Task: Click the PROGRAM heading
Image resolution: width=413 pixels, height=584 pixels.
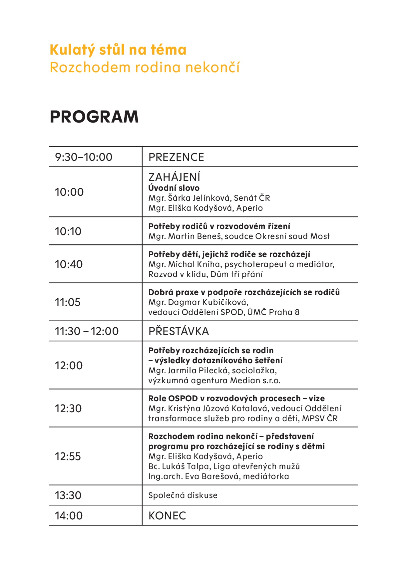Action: [x=94, y=117]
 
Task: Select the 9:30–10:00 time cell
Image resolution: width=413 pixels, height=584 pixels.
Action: [x=84, y=157]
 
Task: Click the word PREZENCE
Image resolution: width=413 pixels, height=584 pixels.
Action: [x=176, y=157]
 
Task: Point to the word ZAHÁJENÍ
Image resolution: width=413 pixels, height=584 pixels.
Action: [x=174, y=177]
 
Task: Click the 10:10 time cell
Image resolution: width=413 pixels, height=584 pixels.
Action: [x=68, y=231]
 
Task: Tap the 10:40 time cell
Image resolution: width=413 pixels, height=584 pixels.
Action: [x=69, y=264]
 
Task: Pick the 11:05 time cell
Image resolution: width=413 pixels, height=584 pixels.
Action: [x=68, y=302]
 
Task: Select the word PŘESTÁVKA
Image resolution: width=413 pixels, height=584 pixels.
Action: [x=179, y=331]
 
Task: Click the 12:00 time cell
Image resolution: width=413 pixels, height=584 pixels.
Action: [x=69, y=366]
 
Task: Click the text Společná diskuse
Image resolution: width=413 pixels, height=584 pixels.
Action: [x=183, y=495]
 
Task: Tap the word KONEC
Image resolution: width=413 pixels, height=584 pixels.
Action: [x=167, y=516]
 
